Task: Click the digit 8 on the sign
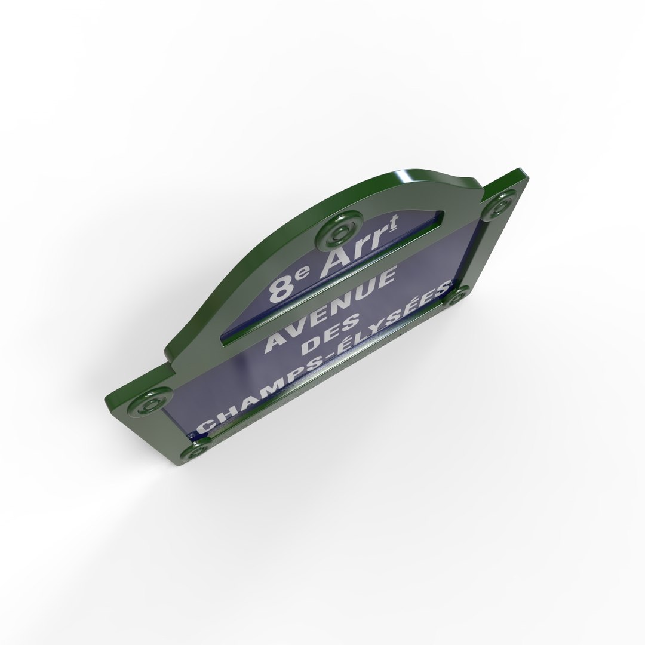[x=279, y=288]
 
